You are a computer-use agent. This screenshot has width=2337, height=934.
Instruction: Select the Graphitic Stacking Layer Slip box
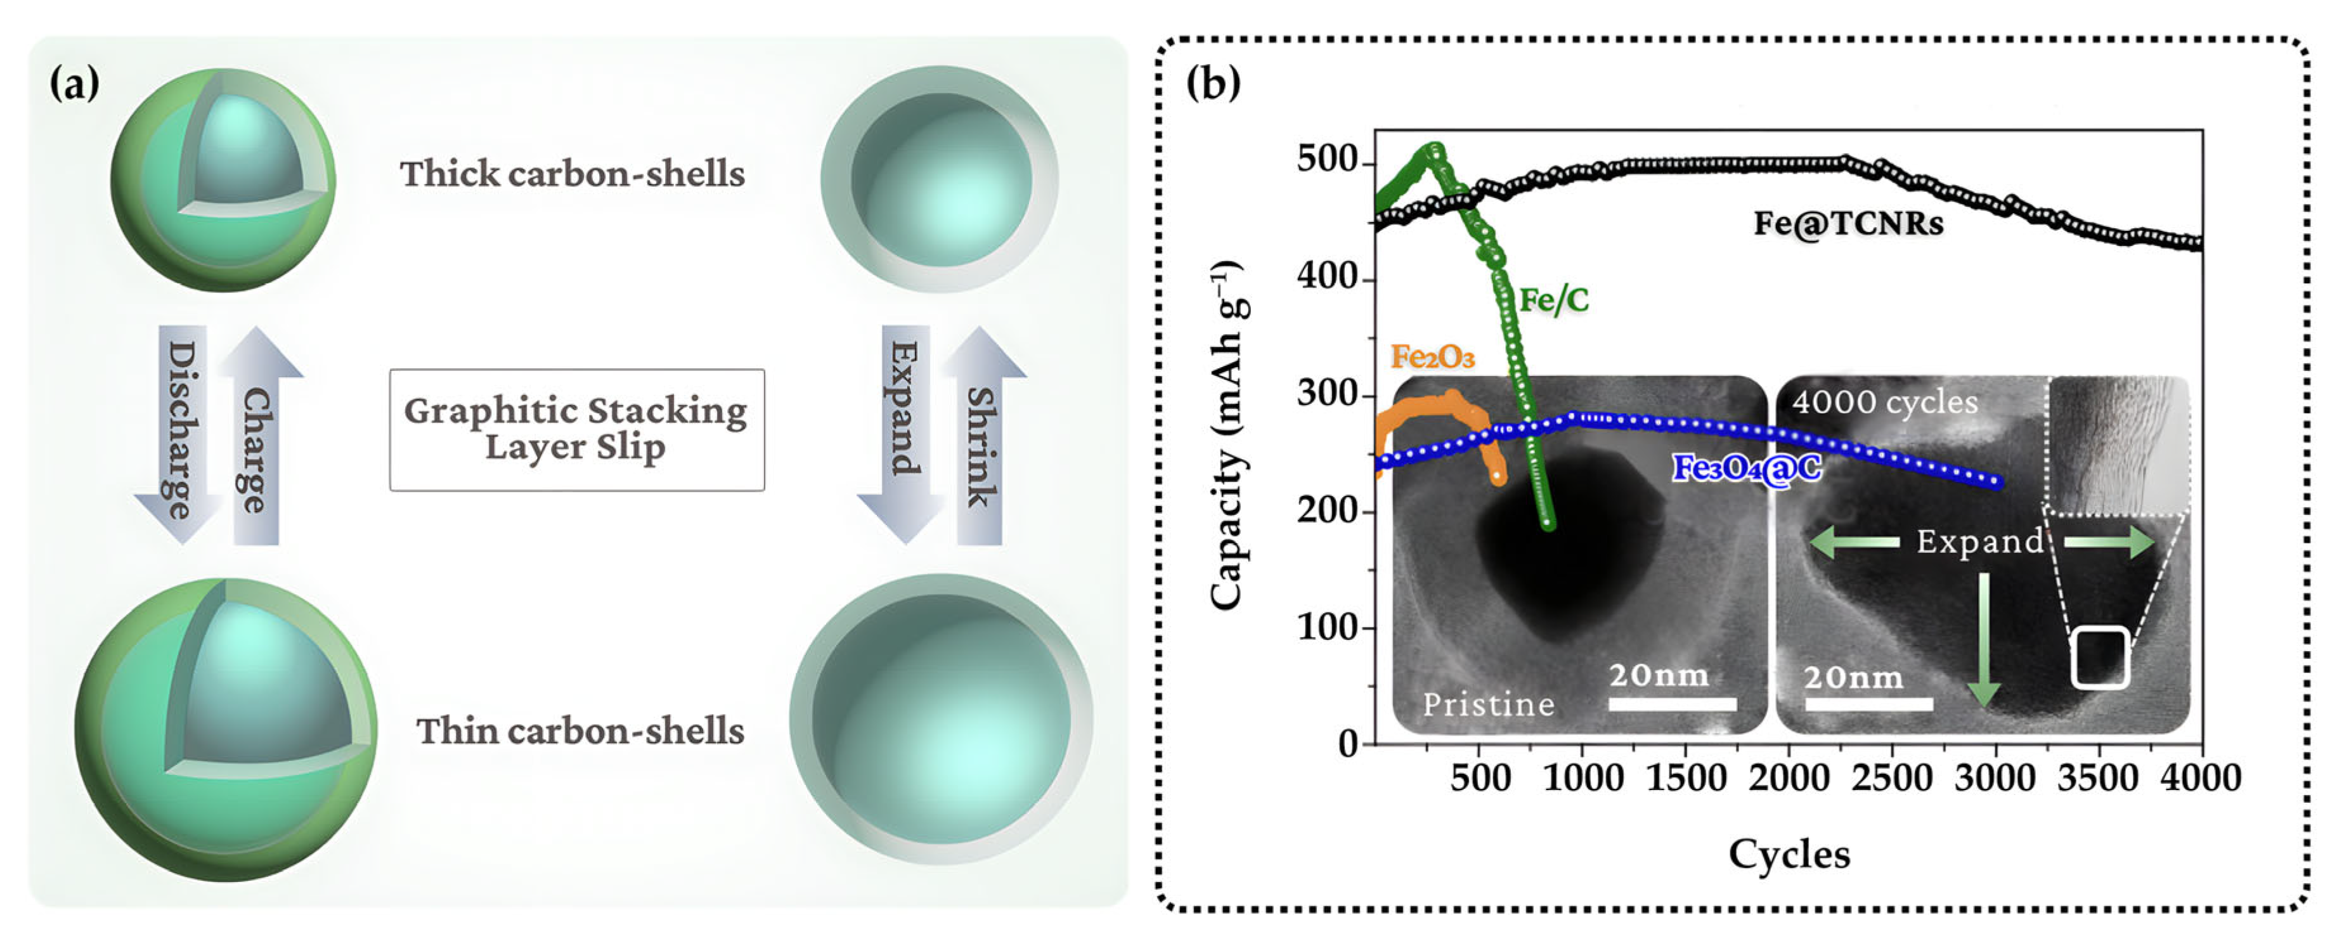tap(577, 429)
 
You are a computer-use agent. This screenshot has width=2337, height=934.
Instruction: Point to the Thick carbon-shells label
tap(573, 173)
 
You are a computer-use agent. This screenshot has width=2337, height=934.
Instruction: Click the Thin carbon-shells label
tap(579, 730)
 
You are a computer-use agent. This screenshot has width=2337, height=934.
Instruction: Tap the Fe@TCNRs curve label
tap(1848, 223)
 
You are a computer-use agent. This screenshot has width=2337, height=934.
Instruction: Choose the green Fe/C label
tap(1554, 299)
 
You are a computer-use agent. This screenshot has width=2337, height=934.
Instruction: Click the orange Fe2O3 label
tap(1432, 357)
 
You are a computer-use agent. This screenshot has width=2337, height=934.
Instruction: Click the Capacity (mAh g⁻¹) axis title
tap(1227, 436)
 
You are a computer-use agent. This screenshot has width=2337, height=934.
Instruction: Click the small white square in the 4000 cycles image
tap(2099, 657)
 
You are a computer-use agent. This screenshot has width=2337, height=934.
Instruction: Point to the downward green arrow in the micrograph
tap(1984, 640)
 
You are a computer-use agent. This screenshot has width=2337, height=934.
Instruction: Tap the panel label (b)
tap(1213, 84)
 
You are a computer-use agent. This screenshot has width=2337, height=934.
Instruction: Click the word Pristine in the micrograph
tap(1488, 704)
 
